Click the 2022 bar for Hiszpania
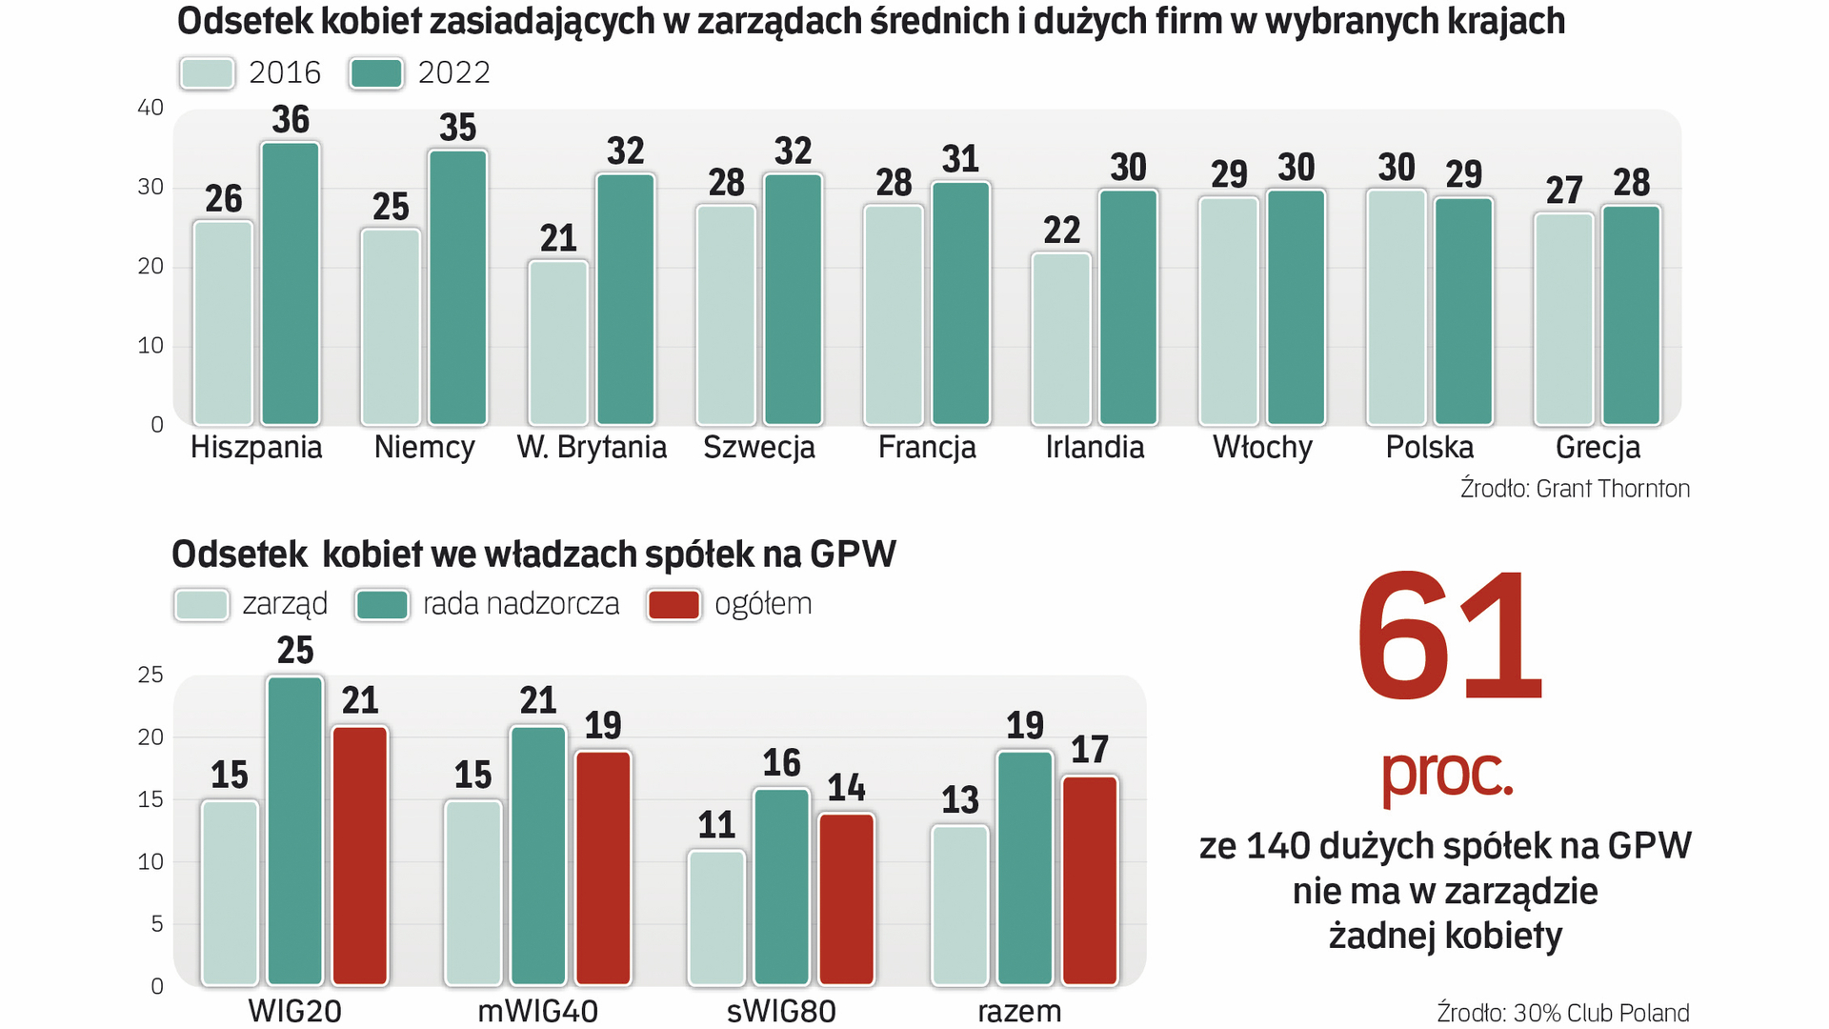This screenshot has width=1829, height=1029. (x=291, y=284)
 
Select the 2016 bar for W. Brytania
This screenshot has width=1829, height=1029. (x=558, y=342)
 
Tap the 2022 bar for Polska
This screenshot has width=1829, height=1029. (x=1463, y=311)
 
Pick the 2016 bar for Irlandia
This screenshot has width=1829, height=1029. (x=1061, y=338)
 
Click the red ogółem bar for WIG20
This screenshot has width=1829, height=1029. (x=360, y=855)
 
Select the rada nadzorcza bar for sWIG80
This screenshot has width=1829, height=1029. (x=781, y=886)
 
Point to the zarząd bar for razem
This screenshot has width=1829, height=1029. (x=960, y=905)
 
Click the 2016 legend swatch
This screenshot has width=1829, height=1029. (x=207, y=73)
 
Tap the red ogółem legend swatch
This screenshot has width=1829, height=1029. (x=673, y=605)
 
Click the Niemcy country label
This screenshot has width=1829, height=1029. (x=424, y=447)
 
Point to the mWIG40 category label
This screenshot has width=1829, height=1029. (x=538, y=1011)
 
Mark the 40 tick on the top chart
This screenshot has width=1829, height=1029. (x=151, y=108)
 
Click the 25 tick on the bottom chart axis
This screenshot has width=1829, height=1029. (x=151, y=675)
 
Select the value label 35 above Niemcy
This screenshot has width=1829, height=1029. (x=458, y=128)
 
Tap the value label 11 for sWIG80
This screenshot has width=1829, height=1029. (x=716, y=825)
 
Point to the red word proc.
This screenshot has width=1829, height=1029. (x=1447, y=772)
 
